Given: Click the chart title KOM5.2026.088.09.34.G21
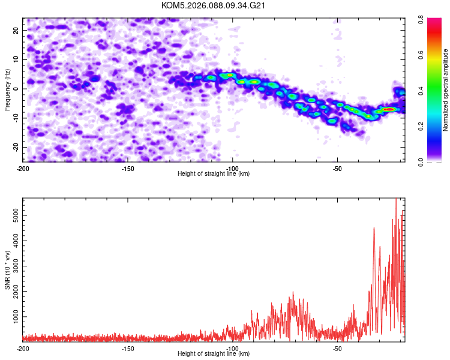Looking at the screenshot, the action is click(x=213, y=5).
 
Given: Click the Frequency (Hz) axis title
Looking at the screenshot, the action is click(x=7, y=90).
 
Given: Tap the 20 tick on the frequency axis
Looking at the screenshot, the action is click(x=16, y=31).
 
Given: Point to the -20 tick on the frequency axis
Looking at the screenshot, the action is click(x=16, y=147).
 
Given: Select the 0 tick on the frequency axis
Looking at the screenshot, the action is click(x=16, y=89).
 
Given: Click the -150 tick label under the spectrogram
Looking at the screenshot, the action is click(x=127, y=169).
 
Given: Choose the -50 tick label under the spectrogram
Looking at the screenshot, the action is click(x=337, y=169).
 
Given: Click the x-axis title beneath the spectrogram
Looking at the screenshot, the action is click(x=214, y=173).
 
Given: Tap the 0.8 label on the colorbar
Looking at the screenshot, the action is click(x=421, y=20).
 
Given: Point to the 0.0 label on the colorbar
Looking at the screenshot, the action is click(x=421, y=162).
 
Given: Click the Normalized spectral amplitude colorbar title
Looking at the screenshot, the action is click(x=445, y=90).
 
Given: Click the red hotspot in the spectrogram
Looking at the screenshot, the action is click(x=389, y=109).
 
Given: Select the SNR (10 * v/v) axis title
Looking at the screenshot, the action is click(x=7, y=270).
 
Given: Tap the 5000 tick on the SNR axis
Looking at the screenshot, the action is click(x=16, y=215).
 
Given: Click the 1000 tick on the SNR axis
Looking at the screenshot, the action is click(x=16, y=317).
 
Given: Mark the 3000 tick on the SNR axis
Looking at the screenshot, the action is click(x=16, y=266).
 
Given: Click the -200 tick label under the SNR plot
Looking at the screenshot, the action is click(x=23, y=349).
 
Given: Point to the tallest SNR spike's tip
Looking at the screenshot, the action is click(x=396, y=199).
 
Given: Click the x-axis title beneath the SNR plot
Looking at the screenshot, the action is click(x=214, y=353).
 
